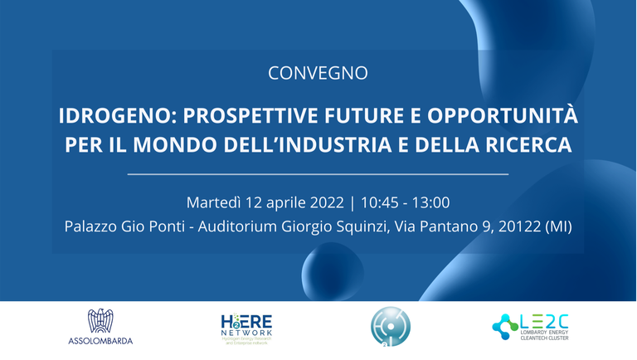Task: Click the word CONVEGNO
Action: tap(318, 73)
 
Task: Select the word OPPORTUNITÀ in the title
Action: tap(513, 114)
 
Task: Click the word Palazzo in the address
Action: tap(92, 226)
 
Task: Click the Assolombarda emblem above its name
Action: tap(100, 321)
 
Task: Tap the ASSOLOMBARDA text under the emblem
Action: tap(100, 340)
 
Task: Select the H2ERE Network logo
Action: tap(246, 329)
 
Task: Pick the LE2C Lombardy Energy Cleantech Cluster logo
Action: tap(530, 328)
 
